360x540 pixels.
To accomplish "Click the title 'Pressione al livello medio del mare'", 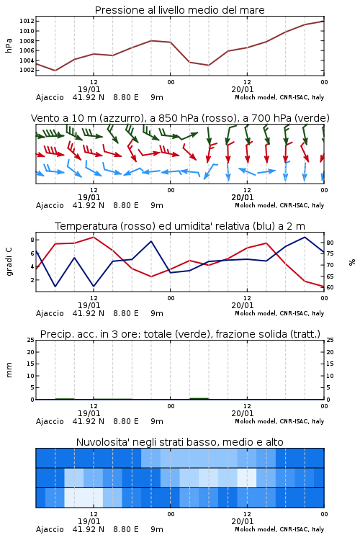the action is click(179, 10).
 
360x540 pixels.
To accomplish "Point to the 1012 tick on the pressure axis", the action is click(27, 21).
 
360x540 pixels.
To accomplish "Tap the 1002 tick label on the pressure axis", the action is click(27, 70).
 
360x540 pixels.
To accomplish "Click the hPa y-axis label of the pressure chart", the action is click(9, 45).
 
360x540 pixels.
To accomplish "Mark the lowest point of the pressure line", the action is click(55, 71).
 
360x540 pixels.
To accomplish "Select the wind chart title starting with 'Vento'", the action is click(180, 118).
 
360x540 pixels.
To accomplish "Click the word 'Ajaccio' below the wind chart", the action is click(50, 205).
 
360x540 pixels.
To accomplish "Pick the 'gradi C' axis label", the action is click(9, 262).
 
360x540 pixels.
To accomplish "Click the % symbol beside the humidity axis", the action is click(352, 262).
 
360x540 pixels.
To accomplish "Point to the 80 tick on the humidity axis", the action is click(330, 243).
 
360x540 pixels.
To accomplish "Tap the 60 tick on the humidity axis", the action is click(330, 287).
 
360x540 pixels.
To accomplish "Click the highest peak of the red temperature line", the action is click(94, 237).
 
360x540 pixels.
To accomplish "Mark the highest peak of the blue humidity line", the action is click(305, 237).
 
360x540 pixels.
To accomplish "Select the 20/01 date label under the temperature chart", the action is click(243, 305).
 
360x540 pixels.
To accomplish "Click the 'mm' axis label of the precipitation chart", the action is click(9, 370).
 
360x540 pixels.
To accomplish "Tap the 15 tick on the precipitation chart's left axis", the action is click(31, 364).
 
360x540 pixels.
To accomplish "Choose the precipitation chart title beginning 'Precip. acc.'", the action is click(180, 334).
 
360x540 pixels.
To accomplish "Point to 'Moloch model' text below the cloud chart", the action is click(256, 529).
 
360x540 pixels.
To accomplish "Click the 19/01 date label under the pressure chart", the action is click(89, 89).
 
